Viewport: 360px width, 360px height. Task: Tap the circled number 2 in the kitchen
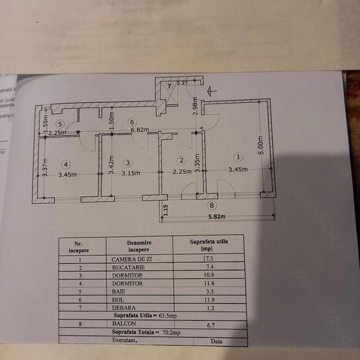(182, 160)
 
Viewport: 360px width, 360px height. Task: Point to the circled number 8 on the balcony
(212, 205)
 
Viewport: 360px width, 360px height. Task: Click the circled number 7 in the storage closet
(169, 86)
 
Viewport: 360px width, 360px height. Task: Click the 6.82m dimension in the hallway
(139, 130)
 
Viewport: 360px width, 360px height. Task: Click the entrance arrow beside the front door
(212, 91)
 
